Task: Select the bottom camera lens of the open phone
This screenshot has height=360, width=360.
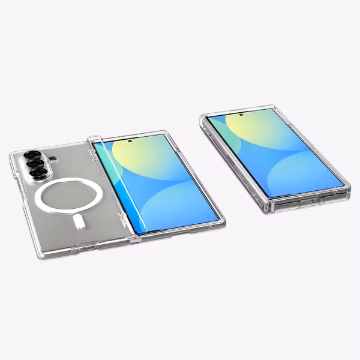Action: pos(40,173)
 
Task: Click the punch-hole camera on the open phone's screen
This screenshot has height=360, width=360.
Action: pos(130,142)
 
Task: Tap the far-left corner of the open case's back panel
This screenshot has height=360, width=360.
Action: pos(12,158)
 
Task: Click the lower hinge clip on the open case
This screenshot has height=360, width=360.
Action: pos(134,239)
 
